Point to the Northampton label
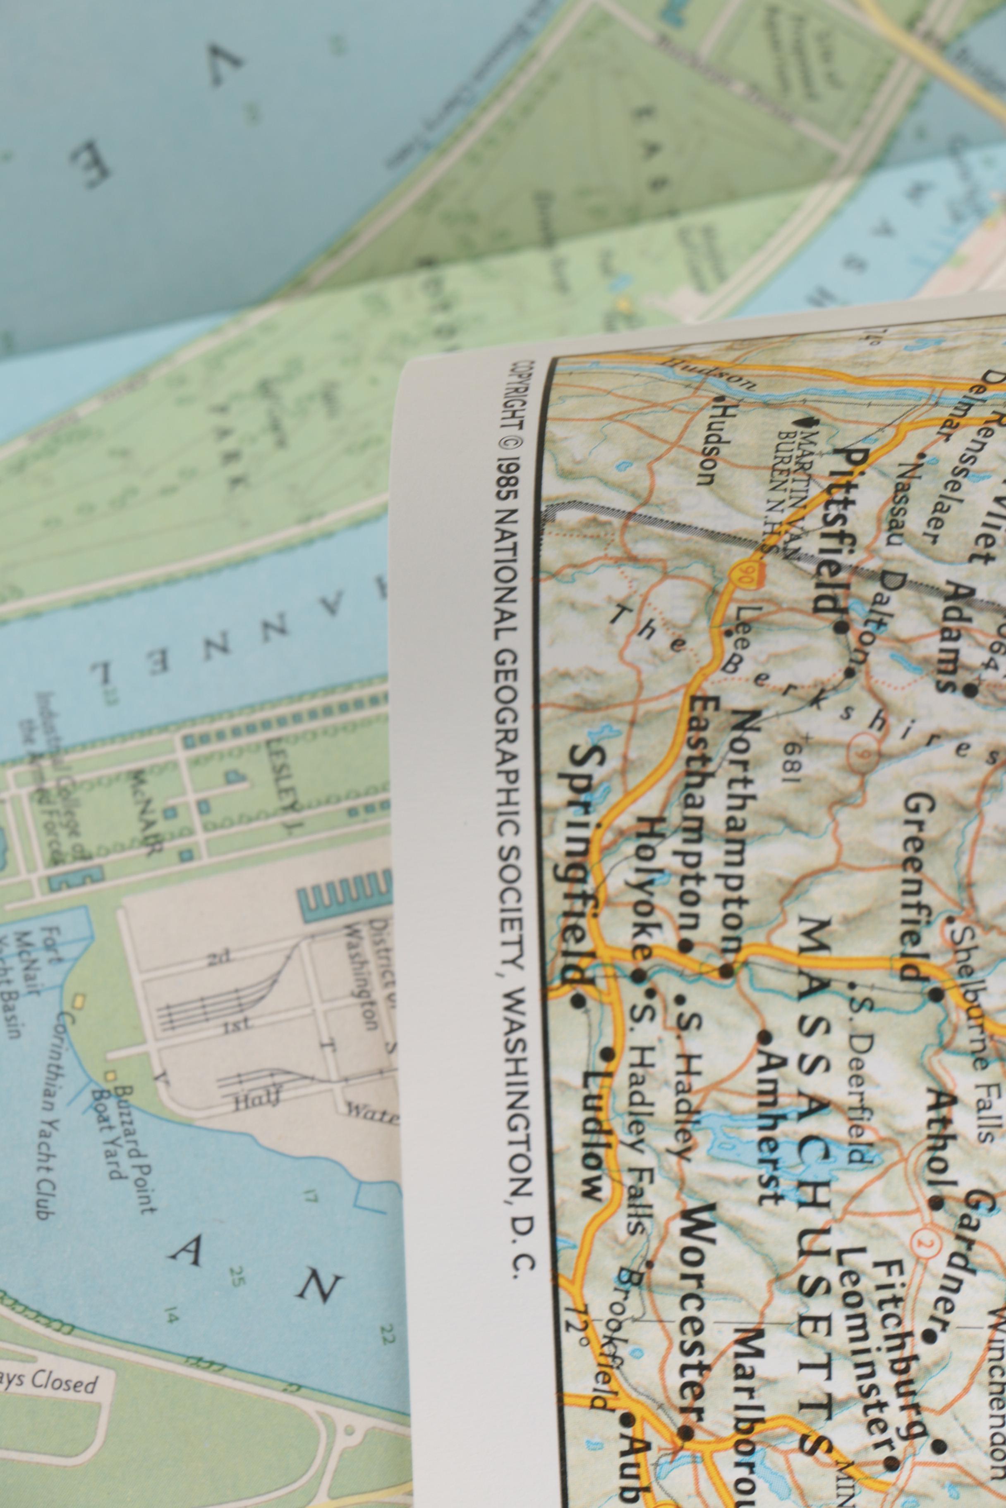[x=741, y=833]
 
